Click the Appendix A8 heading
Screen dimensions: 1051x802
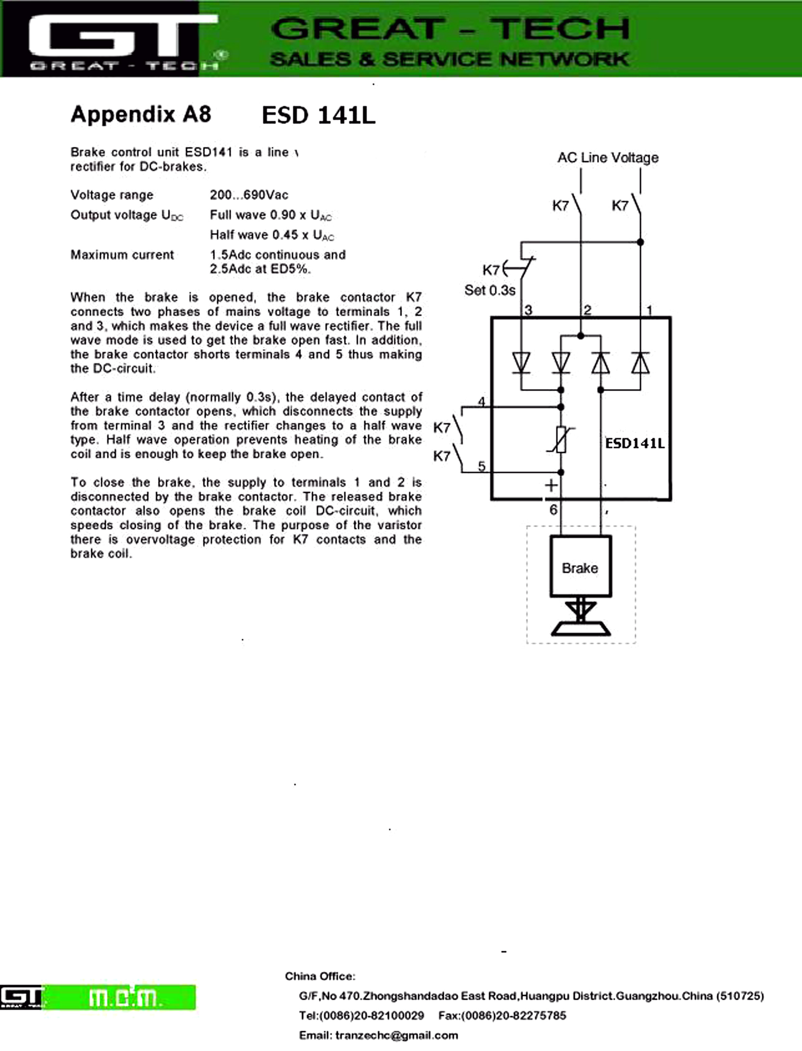tap(141, 115)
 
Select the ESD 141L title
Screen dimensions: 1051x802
tap(318, 116)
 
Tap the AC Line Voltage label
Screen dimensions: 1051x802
tap(608, 157)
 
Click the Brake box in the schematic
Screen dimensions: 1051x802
tap(580, 567)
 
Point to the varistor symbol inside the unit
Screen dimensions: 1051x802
tap(561, 440)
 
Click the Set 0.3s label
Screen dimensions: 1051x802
tap(490, 290)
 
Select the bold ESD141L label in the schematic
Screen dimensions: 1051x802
tap(635, 444)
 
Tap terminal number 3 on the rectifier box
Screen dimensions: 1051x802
tap(528, 311)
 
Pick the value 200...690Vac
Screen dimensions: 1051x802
tap(249, 195)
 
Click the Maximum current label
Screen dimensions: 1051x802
tap(122, 254)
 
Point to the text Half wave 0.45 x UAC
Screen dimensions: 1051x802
tap(271, 235)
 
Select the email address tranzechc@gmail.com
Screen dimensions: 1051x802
tap(396, 1035)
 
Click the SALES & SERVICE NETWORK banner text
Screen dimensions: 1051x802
tap(449, 59)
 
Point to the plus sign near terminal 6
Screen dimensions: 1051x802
tap(551, 485)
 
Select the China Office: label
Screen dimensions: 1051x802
tap(320, 976)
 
